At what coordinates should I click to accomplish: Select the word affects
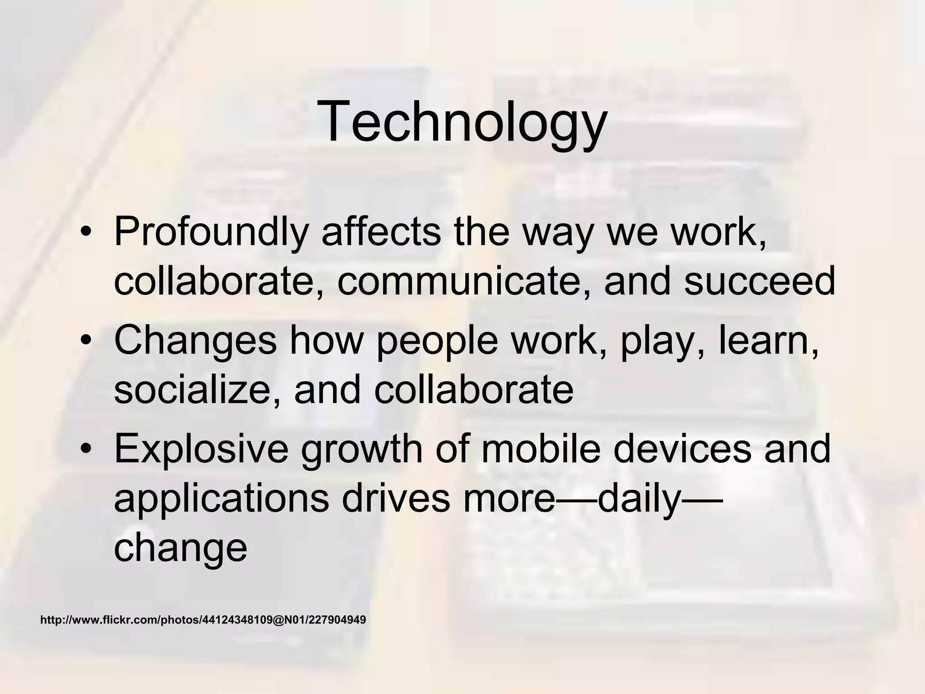coord(381,232)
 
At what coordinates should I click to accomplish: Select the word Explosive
coord(201,449)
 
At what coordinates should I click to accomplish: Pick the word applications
coord(221,500)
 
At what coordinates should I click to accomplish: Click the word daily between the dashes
coord(640,500)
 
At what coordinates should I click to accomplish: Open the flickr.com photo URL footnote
coord(203,620)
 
